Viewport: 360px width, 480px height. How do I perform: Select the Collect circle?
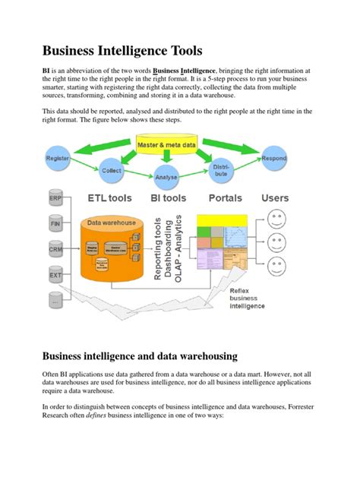pos(112,170)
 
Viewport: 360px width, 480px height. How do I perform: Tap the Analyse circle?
pos(166,177)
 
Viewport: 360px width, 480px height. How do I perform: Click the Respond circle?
pos(274,159)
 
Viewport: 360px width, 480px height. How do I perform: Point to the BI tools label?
pos(168,198)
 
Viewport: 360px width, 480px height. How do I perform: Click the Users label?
pos(275,198)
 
